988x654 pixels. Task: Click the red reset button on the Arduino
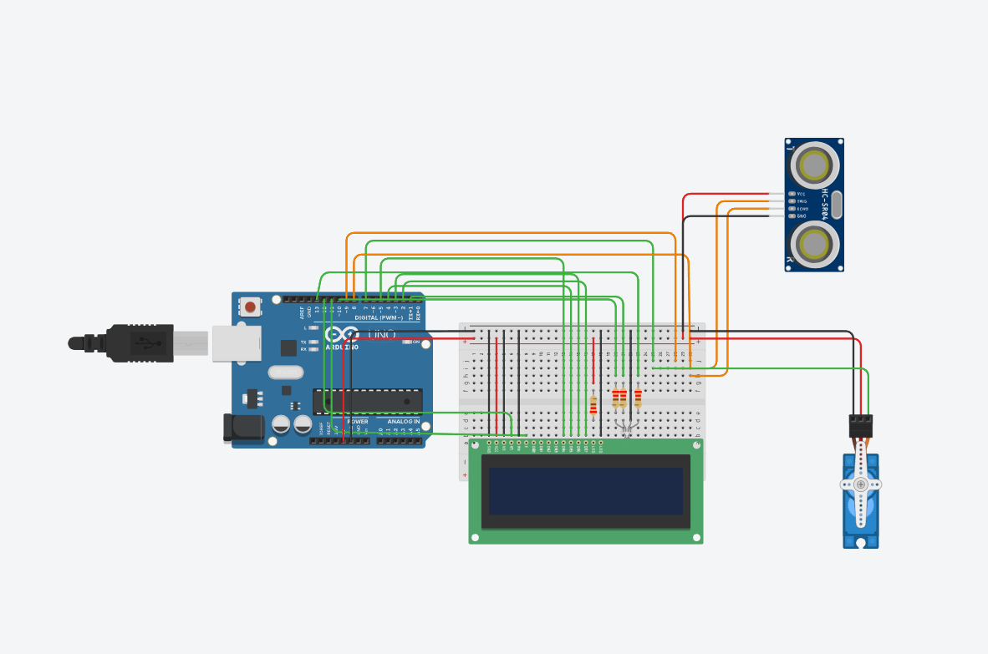click(x=251, y=307)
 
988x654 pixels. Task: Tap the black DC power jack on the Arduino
click(x=242, y=427)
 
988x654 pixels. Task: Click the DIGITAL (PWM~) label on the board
click(x=379, y=317)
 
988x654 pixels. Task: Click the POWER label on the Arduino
click(x=358, y=422)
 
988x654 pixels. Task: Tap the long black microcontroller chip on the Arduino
click(x=367, y=401)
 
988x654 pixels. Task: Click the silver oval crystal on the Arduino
click(x=286, y=373)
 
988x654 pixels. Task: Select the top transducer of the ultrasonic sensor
click(x=815, y=165)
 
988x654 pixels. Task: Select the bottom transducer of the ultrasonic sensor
click(x=815, y=244)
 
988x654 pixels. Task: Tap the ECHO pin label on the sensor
click(x=802, y=209)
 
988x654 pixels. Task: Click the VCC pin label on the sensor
click(x=801, y=193)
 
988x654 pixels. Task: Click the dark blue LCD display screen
click(x=586, y=491)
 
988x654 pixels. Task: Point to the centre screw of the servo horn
click(x=861, y=484)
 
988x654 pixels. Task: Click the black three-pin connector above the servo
click(x=861, y=426)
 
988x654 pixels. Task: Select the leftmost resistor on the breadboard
click(x=593, y=404)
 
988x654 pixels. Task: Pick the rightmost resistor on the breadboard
click(x=638, y=398)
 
